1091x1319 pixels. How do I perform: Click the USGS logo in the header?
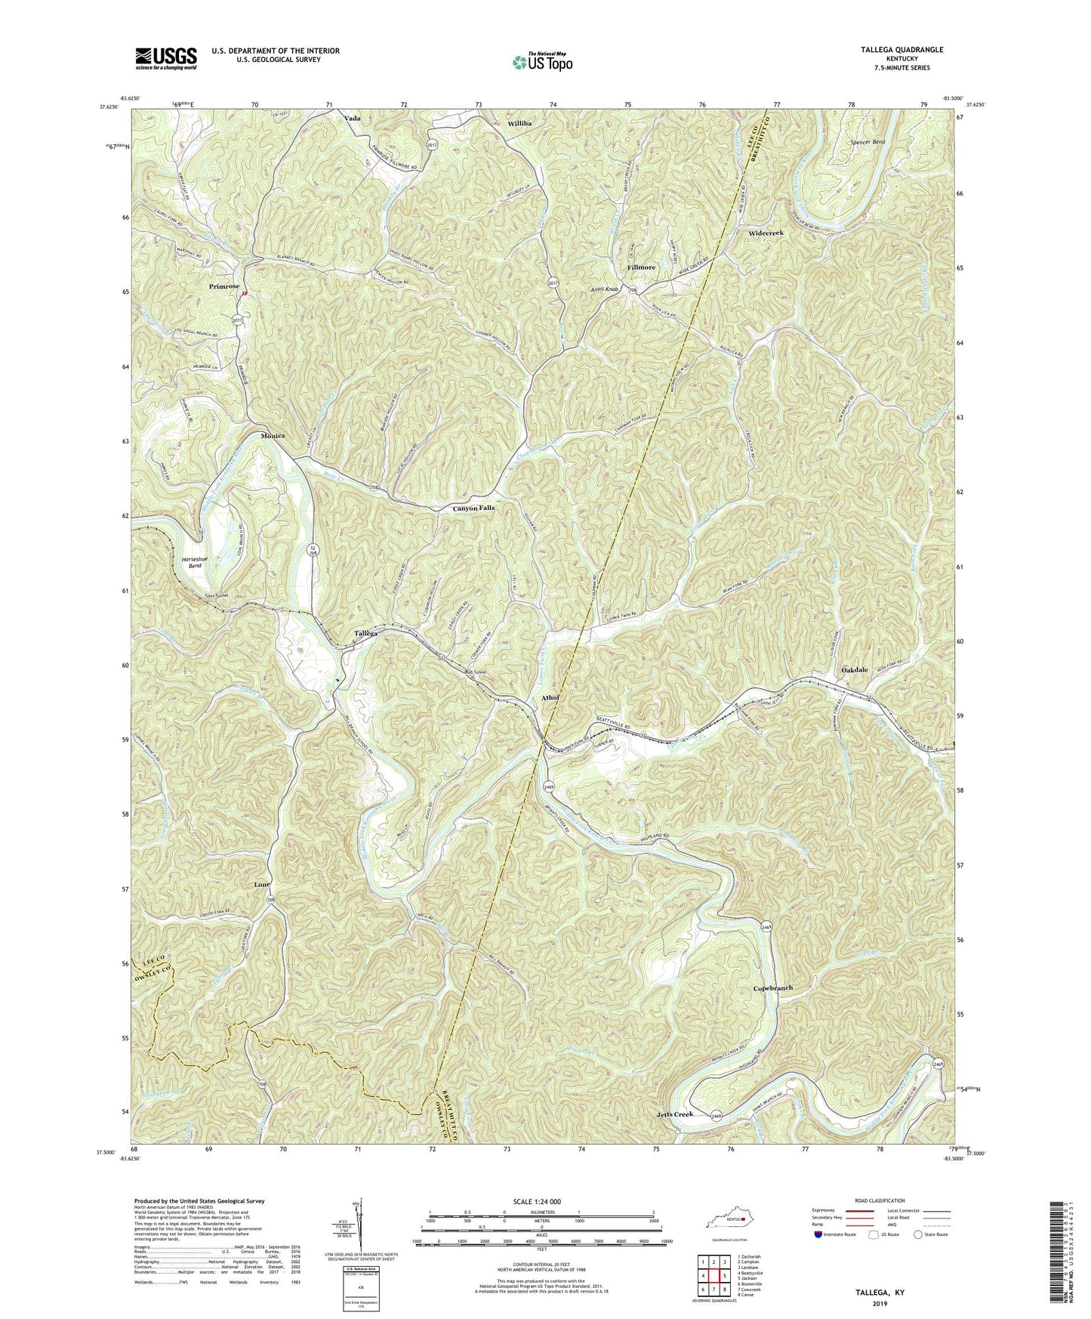(166, 57)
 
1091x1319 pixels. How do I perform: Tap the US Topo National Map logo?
(541, 61)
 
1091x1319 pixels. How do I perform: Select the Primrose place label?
(224, 287)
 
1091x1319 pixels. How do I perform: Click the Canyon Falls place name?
(473, 508)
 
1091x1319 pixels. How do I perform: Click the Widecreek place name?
(766, 233)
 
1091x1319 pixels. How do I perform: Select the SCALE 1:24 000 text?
(541, 1201)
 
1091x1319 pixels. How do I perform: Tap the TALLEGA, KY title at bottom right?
(879, 1293)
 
